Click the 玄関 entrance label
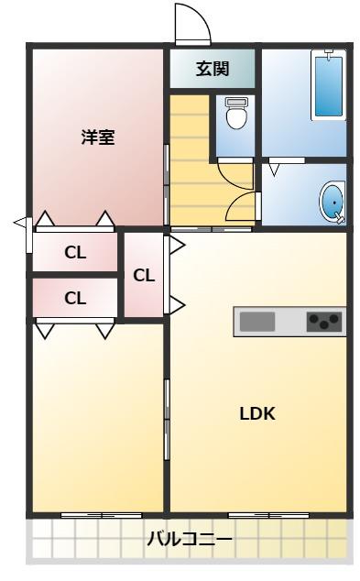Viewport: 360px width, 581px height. tap(213, 69)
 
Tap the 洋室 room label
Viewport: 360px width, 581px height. tap(98, 137)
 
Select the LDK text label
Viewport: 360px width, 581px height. tap(257, 413)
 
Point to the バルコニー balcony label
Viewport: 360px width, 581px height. tap(190, 539)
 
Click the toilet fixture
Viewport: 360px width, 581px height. tap(236, 113)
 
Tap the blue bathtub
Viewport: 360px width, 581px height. tap(329, 86)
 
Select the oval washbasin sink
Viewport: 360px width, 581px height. tap(333, 203)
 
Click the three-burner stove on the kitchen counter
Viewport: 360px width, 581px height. tap(324, 321)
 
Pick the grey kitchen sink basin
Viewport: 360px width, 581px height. tap(257, 322)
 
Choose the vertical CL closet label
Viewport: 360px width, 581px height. tap(144, 275)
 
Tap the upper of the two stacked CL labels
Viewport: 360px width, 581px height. tap(75, 253)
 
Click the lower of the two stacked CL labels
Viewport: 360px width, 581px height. tap(75, 298)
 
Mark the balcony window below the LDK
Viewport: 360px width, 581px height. tap(268, 515)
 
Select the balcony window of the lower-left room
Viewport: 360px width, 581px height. tap(102, 515)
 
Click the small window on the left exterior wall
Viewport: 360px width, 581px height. tap(29, 235)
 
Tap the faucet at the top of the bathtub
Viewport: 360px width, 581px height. tap(329, 53)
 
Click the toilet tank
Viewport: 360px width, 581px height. tap(236, 102)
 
